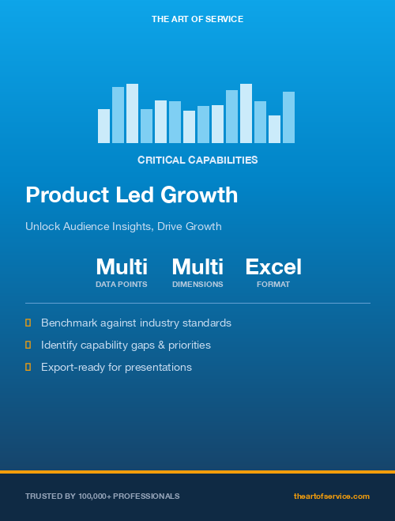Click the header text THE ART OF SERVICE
pos(197,18)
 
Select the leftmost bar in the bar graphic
pos(103,126)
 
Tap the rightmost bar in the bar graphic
pos(288,117)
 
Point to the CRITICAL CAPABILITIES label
pos(197,160)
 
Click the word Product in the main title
pos(64,194)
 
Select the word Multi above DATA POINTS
pos(122,266)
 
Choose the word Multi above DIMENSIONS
pos(197,266)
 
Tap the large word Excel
pos(273,266)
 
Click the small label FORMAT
pos(273,284)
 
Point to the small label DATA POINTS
pos(122,284)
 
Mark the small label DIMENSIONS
pos(197,284)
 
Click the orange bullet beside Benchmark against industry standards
pos(28,323)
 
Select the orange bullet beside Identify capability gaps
pos(28,345)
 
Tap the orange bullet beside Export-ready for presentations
pos(28,367)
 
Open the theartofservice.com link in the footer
pos(331,496)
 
